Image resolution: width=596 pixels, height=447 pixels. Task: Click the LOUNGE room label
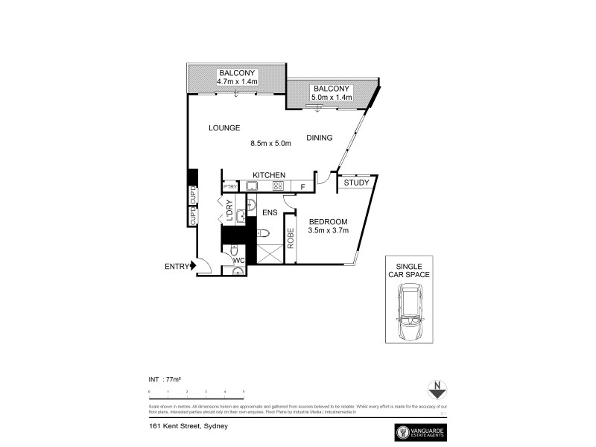[x=223, y=128]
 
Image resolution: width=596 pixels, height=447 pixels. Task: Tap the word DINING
[x=320, y=137]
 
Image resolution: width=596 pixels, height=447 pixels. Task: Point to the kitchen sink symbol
[x=253, y=186]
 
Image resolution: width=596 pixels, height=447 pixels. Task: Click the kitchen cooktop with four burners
[x=278, y=186]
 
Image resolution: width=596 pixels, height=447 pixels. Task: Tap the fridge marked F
[x=302, y=187]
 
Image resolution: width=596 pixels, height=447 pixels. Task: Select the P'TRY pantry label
[x=229, y=187]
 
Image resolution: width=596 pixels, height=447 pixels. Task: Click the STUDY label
[x=356, y=182]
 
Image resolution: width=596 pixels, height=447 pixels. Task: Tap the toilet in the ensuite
[x=263, y=234]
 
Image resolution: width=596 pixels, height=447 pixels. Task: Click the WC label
[x=238, y=260]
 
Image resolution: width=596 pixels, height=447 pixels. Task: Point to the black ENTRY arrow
[x=194, y=264]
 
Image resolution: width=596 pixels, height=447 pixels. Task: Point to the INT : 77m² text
[x=165, y=379]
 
